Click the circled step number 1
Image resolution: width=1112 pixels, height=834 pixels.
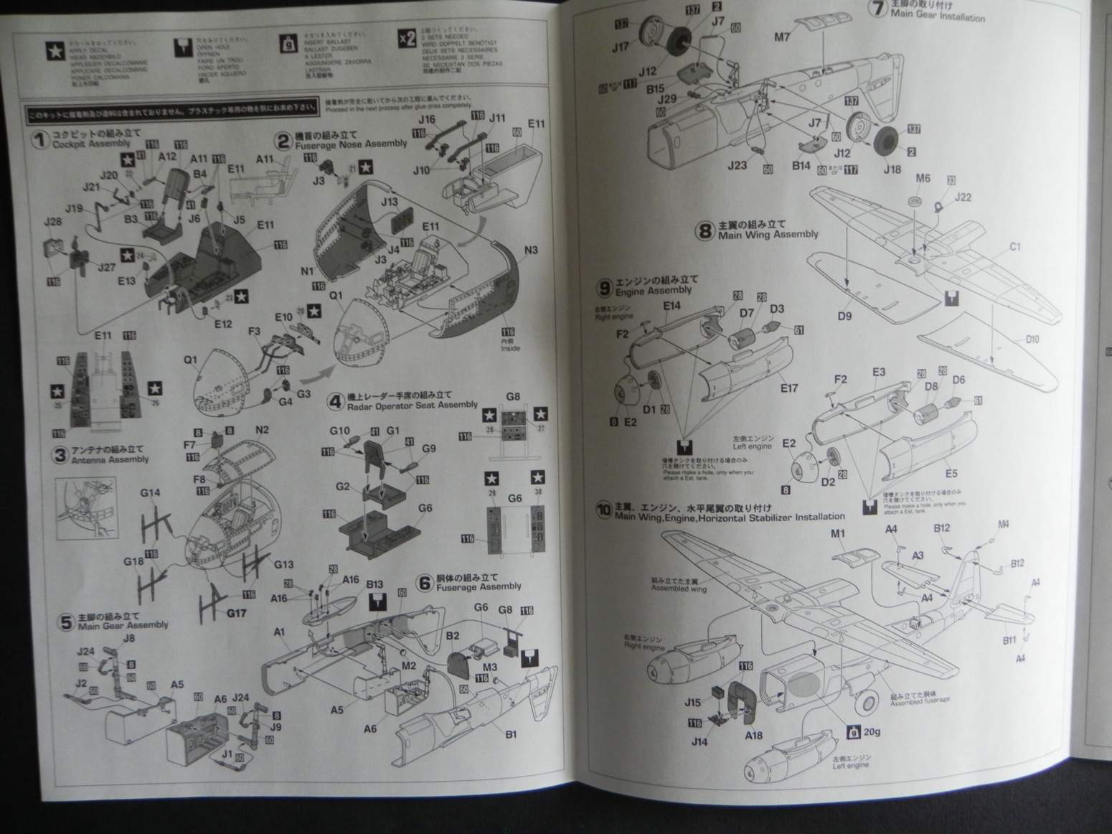coord(39,139)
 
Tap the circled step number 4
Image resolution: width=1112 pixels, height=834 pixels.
coord(334,400)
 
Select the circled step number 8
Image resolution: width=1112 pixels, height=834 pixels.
coord(705,231)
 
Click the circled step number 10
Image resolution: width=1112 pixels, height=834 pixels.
coord(603,510)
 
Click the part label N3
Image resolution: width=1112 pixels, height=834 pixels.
coord(530,250)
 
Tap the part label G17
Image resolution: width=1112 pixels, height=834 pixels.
coord(236,613)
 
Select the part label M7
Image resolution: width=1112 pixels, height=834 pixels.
coord(781,37)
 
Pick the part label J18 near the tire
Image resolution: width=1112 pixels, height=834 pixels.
coord(892,169)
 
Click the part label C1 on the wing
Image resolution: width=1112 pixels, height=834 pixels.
coord(1014,247)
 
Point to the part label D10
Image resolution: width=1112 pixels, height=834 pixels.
coord(1032,339)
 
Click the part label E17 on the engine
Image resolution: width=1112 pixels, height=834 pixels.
coord(788,388)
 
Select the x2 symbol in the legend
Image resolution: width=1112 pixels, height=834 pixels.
coord(407,38)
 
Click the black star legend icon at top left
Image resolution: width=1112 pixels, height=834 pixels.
coord(55,50)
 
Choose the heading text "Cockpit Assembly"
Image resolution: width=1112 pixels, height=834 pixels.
coord(91,144)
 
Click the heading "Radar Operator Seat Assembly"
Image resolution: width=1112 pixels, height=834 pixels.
coord(412,406)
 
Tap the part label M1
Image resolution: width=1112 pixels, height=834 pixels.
coord(838,533)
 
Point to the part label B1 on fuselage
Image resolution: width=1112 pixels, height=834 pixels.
coord(511,734)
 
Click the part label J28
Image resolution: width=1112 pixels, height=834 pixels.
coord(52,222)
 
